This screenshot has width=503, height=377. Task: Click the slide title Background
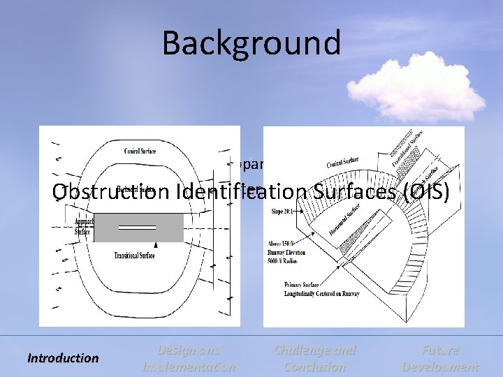pyautogui.click(x=251, y=43)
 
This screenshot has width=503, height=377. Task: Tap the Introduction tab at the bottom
pyautogui.click(x=63, y=358)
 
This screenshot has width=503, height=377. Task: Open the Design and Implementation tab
pyautogui.click(x=189, y=358)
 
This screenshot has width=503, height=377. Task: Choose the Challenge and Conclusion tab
pyautogui.click(x=314, y=358)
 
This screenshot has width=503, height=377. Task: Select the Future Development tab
pyautogui.click(x=440, y=358)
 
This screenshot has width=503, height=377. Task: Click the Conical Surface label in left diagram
pyautogui.click(x=140, y=151)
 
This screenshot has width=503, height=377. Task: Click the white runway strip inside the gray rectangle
pyautogui.click(x=137, y=228)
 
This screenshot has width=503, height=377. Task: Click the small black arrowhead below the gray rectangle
pyautogui.click(x=156, y=246)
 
